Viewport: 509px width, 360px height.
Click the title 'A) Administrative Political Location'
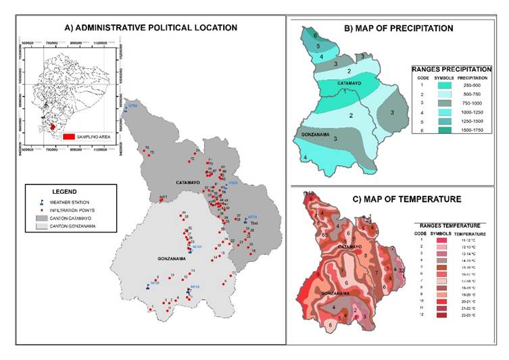click(151, 28)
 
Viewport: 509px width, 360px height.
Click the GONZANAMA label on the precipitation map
click(316, 134)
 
